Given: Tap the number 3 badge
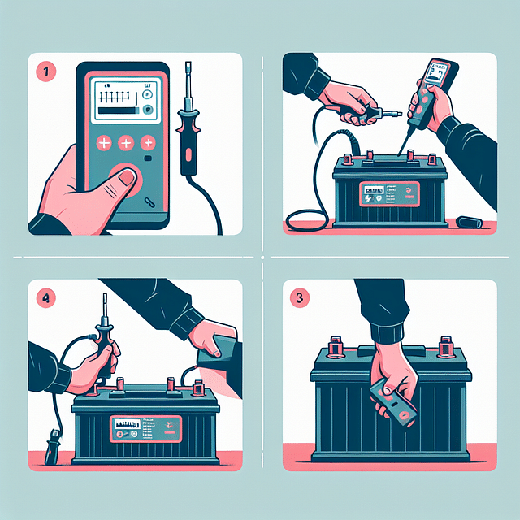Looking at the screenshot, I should click(x=300, y=298).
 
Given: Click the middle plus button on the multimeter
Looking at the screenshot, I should click(x=126, y=143).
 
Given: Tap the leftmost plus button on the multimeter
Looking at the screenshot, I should click(x=104, y=143).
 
